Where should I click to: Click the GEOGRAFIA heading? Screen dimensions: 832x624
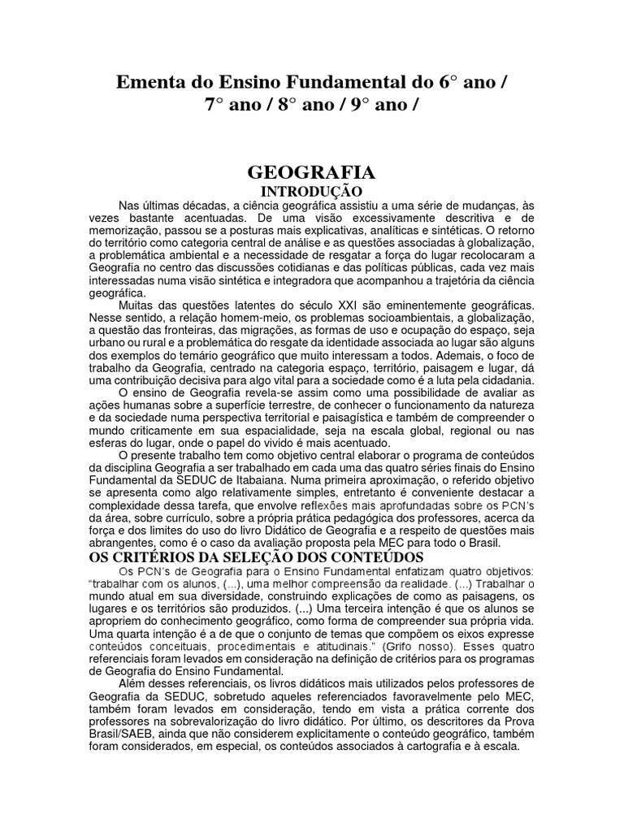pyautogui.click(x=311, y=173)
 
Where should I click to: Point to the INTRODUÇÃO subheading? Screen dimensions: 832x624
pyautogui.click(x=311, y=190)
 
